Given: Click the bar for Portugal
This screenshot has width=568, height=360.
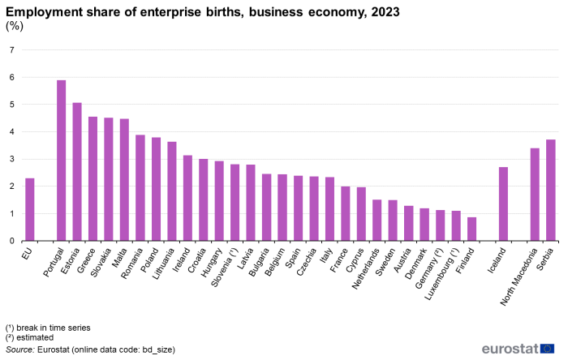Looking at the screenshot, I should (x=61, y=161).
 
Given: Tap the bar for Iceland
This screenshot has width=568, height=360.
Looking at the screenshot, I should (x=503, y=204).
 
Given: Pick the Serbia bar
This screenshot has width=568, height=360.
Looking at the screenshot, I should (x=551, y=190).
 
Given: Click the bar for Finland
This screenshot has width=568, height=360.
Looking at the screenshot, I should (x=471, y=229).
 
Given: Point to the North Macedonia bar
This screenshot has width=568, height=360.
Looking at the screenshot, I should (x=535, y=195).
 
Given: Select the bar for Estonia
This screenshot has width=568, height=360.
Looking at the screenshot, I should (x=77, y=172).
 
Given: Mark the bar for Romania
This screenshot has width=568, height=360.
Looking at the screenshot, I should (x=140, y=187).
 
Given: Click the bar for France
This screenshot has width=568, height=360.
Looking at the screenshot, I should (x=346, y=213).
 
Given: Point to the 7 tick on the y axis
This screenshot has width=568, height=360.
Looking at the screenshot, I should (x=11, y=50).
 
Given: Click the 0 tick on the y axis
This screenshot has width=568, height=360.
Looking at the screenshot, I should (x=11, y=241).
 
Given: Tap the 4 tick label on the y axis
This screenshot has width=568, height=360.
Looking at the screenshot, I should (x=11, y=132).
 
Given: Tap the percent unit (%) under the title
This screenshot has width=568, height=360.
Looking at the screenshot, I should (x=15, y=27).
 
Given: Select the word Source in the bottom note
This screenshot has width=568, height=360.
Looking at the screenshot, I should (x=20, y=349).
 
